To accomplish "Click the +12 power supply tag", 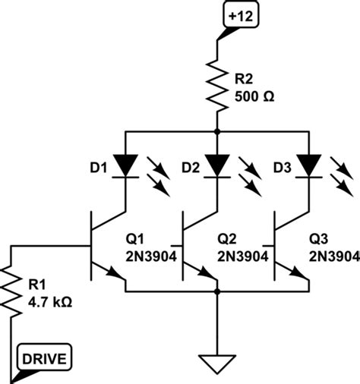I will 238,16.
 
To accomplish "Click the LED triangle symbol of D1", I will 125,165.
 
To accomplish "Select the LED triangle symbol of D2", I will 217,165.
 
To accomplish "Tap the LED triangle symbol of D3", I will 308,165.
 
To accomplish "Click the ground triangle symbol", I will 217,363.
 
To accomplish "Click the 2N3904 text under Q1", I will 155,257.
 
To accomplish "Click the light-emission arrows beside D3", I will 339,173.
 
